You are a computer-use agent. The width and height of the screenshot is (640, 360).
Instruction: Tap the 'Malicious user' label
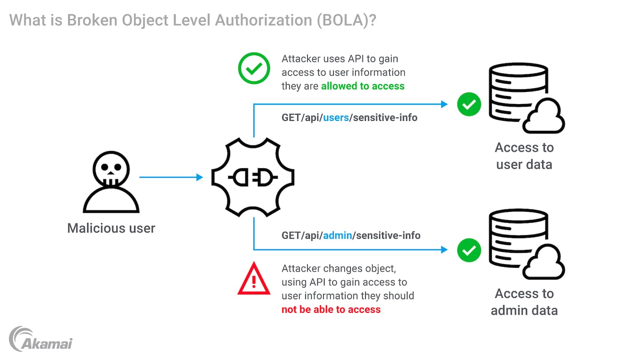click(x=111, y=228)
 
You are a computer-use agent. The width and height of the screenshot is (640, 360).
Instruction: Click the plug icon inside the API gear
click(x=253, y=178)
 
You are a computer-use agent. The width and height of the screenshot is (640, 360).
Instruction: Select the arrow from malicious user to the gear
click(x=171, y=177)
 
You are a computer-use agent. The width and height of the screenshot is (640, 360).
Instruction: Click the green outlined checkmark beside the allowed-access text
click(x=254, y=68)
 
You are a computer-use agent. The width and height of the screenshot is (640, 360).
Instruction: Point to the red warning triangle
click(x=254, y=280)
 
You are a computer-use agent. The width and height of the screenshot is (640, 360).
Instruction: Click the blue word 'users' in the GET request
click(x=336, y=118)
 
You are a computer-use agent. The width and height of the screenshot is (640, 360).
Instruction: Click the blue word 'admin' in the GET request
click(x=337, y=235)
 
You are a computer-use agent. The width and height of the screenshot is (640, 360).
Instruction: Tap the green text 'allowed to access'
click(x=363, y=86)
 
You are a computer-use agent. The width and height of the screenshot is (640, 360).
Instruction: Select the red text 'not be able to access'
click(x=331, y=310)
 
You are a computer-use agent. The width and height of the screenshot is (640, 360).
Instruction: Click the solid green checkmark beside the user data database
click(x=469, y=104)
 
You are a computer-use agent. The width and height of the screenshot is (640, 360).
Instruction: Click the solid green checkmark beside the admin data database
click(x=469, y=250)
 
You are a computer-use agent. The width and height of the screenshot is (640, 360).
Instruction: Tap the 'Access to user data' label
click(x=524, y=156)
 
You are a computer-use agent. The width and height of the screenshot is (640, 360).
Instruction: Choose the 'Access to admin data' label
click(x=524, y=302)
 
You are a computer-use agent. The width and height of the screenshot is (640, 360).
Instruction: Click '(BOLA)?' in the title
click(x=347, y=21)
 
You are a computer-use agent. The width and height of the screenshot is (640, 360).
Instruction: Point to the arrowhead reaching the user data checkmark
click(x=444, y=104)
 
